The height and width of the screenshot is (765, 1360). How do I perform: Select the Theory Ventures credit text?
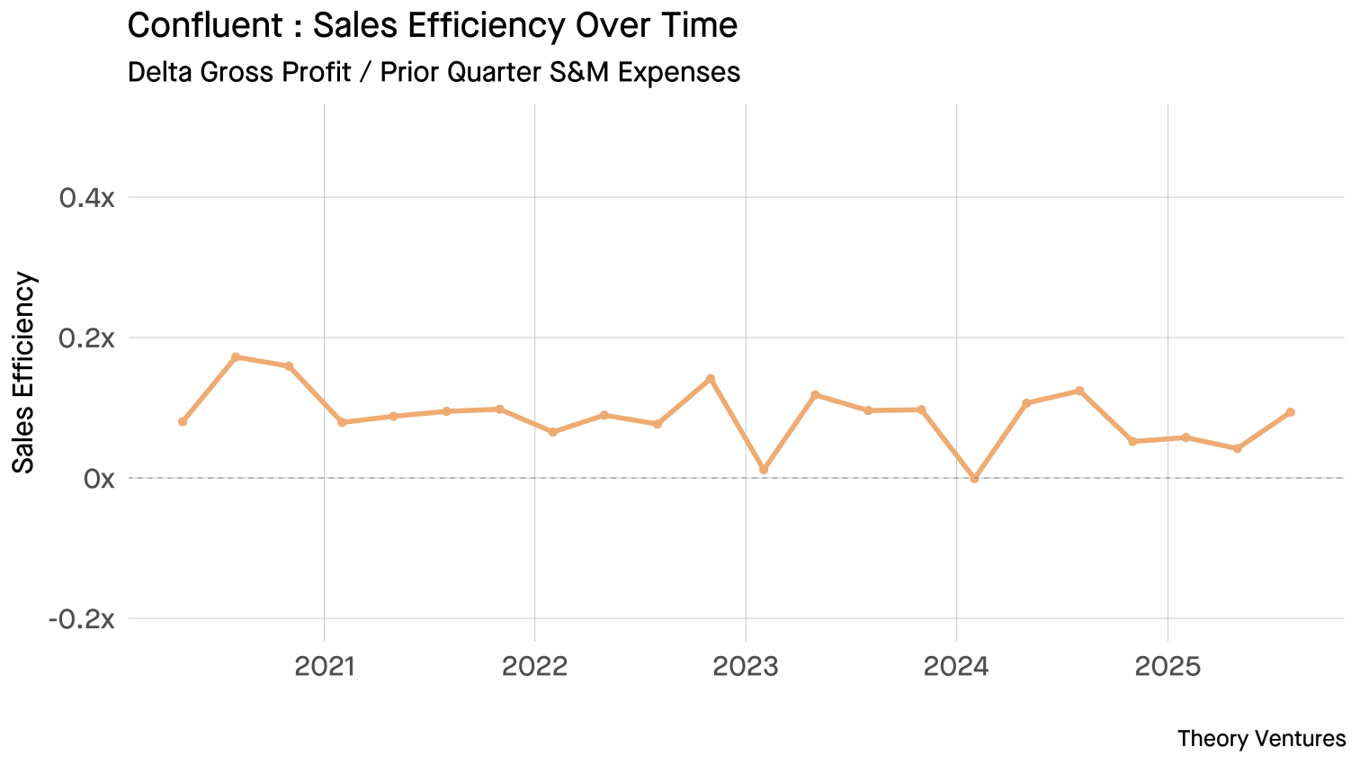1261,739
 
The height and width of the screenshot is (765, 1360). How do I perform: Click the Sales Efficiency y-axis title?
24,372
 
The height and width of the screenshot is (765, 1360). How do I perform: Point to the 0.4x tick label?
87,198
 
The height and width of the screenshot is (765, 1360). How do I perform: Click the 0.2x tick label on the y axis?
87,338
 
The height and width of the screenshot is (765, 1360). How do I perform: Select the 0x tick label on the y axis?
99,479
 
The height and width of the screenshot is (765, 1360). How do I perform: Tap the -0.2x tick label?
82,619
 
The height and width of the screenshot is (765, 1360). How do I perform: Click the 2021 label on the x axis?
325,667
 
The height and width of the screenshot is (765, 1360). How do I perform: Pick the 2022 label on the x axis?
535,667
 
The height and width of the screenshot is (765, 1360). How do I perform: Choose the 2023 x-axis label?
746,667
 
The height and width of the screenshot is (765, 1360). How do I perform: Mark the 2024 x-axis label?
956,667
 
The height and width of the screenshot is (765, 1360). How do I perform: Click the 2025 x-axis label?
1168,667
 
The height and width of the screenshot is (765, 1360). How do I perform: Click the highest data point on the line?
236,357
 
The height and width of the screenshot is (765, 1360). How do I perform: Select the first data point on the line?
183,421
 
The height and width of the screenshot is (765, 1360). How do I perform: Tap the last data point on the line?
1290,412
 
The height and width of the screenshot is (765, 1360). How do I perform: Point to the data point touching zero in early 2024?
974,479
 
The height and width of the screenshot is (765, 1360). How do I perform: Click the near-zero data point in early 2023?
764,470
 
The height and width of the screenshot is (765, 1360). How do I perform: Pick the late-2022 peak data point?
711,379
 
